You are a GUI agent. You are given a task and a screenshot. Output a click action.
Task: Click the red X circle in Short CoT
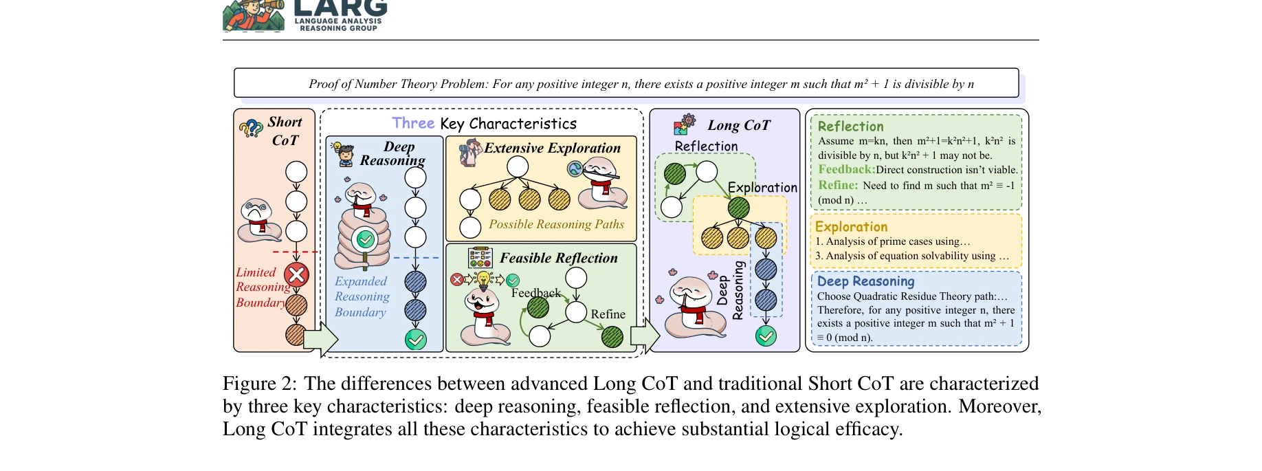point(296,275)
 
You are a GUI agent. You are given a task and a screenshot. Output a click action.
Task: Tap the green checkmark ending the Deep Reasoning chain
point(415,340)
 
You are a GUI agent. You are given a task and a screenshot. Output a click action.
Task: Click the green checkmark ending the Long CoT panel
point(766,336)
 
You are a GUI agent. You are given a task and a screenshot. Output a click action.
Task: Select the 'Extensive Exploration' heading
point(552,148)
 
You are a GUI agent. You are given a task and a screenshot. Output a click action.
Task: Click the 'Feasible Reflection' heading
point(558,258)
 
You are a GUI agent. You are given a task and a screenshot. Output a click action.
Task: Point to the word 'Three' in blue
point(413,123)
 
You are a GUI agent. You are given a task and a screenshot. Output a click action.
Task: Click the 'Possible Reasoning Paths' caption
point(556,224)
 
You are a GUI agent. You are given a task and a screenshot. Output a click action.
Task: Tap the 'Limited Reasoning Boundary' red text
point(263,287)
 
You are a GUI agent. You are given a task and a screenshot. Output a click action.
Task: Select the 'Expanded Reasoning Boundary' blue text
point(362,296)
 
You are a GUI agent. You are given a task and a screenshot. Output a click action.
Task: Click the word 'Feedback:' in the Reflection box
point(846,170)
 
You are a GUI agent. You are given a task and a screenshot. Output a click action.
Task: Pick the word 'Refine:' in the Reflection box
point(838,185)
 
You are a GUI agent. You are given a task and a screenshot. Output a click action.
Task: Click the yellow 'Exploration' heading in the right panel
point(851,227)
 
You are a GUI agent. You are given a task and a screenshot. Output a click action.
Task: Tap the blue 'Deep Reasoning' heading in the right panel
point(865,281)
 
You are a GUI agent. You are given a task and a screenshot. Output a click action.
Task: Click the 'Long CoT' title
point(739,125)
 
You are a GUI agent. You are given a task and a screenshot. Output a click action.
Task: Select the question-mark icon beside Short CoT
point(251,128)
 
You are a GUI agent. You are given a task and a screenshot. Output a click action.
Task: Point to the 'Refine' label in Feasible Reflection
point(608,314)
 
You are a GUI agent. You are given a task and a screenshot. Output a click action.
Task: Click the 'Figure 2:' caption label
point(259,384)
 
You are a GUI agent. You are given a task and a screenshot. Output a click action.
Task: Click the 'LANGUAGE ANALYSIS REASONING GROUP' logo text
point(338,25)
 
